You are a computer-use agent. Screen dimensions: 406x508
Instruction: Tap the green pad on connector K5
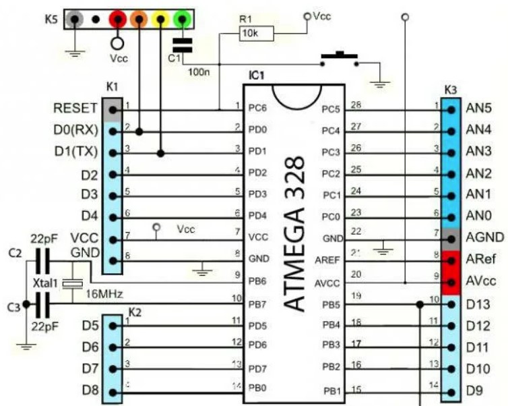[181, 19]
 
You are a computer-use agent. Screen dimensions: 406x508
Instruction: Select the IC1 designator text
[256, 74]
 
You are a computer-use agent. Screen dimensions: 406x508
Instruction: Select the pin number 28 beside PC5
[356, 104]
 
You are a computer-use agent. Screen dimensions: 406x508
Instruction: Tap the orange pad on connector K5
[139, 19]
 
